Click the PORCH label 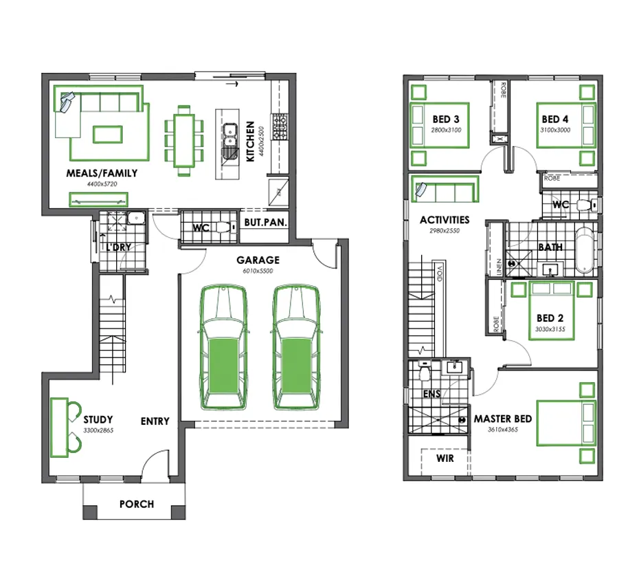pos(137,505)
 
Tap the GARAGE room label pos(258,260)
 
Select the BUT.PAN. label pos(265,223)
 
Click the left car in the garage pos(224,348)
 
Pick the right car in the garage pos(296,348)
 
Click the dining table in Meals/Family pos(183,141)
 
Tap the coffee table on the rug pos(108,135)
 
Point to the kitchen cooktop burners pos(280,126)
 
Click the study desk pos(60,428)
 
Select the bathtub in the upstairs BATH pos(585,250)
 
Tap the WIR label pos(445,458)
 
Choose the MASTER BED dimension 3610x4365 pos(503,429)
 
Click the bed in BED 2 pos(551,310)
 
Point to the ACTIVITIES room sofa pos(445,189)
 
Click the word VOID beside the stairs pos(440,274)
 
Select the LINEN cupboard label pos(499,267)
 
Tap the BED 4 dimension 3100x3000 pos(555,130)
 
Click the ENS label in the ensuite pos(431,394)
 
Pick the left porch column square pos(90,512)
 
